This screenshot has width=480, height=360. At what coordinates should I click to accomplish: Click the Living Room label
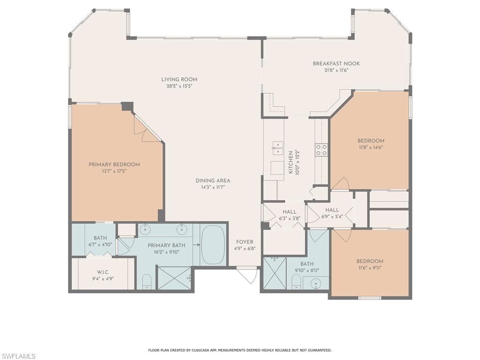coord(179,79)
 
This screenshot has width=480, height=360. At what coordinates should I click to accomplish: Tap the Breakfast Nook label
coord(336,64)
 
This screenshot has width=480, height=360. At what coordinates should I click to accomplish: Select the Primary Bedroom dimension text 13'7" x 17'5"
coord(114,171)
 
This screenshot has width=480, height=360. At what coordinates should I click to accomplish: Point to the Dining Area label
coord(213,180)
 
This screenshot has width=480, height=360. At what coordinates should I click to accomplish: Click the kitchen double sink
coord(277,148)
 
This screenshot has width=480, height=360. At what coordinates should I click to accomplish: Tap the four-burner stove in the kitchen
coord(321,150)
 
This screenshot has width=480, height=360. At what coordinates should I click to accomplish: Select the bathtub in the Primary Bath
coord(213,245)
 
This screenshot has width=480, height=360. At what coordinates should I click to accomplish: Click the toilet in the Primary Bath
coord(147,281)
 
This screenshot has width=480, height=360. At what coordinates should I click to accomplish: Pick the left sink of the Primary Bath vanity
coord(145,229)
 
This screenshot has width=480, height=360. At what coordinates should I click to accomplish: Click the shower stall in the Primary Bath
coord(174,278)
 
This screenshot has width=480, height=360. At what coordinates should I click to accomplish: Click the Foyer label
coord(244,242)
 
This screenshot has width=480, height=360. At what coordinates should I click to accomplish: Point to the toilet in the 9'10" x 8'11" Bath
coord(296,281)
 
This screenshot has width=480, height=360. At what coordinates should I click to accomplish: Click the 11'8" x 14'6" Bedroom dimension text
coord(371,147)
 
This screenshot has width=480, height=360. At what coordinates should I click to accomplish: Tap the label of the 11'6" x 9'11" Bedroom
coord(370,261)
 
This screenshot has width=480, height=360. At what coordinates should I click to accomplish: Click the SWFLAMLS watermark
coord(18,356)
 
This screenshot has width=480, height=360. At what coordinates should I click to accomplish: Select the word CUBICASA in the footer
coord(202,350)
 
